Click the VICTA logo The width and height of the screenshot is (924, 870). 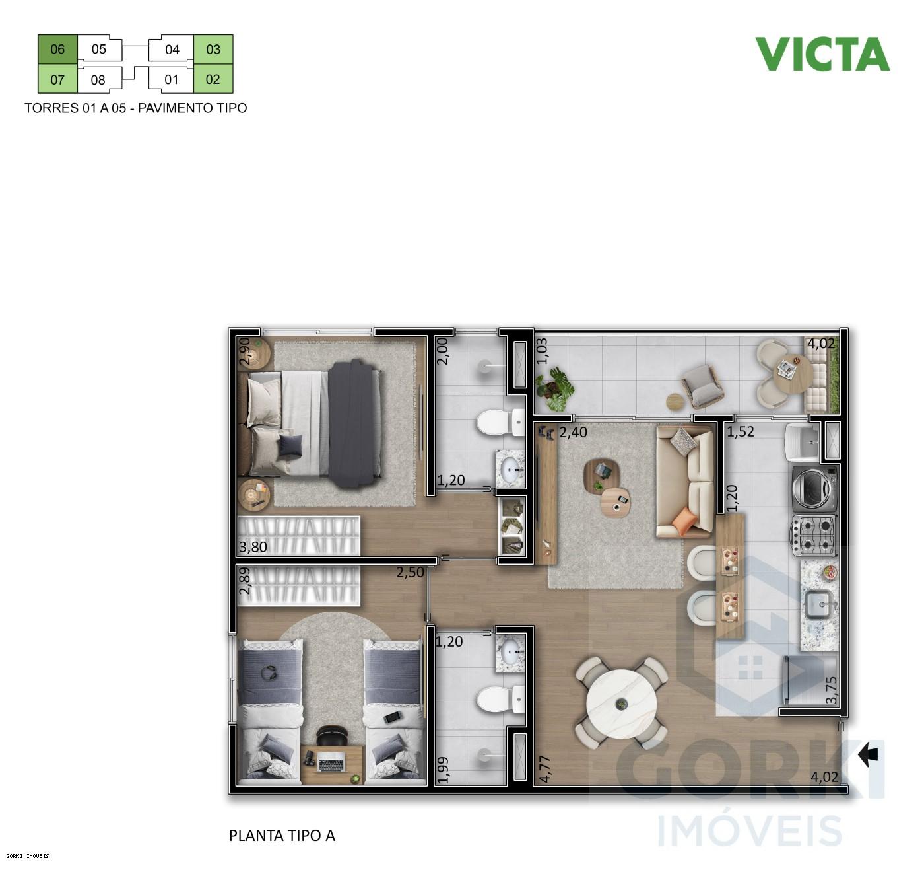coord(822,54)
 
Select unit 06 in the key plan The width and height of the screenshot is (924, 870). coord(57,49)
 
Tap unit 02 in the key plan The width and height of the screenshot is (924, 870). coord(213,79)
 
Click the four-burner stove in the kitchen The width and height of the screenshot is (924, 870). coord(814,534)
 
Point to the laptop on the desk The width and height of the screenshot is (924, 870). coord(331,762)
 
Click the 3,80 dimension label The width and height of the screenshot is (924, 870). coord(253,547)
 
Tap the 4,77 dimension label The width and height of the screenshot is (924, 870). coord(544,770)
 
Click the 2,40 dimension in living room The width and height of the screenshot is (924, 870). coord(572,433)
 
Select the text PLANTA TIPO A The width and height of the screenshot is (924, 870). coord(282,836)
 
